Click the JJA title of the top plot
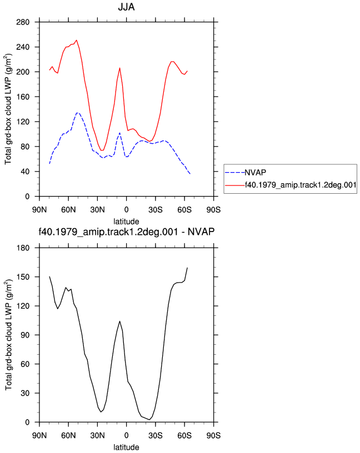pos(126,7)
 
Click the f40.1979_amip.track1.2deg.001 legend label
pos(301,185)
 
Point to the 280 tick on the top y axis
pos(23,22)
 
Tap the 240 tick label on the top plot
pos(23,47)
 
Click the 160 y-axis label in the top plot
pos(23,97)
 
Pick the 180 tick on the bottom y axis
pos(23,248)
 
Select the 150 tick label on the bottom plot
pos(23,277)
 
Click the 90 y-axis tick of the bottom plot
pos(25,335)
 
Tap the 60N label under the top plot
pos(68,210)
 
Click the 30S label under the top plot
pos(156,210)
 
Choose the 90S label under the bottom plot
pos(213,435)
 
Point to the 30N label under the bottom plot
pos(97,435)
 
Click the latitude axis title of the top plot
pos(126,222)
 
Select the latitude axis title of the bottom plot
pos(126,447)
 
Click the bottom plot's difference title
pos(126,231)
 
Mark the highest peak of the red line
pos(76,40)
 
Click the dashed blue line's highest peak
pos(77,113)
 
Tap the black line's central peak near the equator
pos(119,321)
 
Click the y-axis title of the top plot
pos(8,109)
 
